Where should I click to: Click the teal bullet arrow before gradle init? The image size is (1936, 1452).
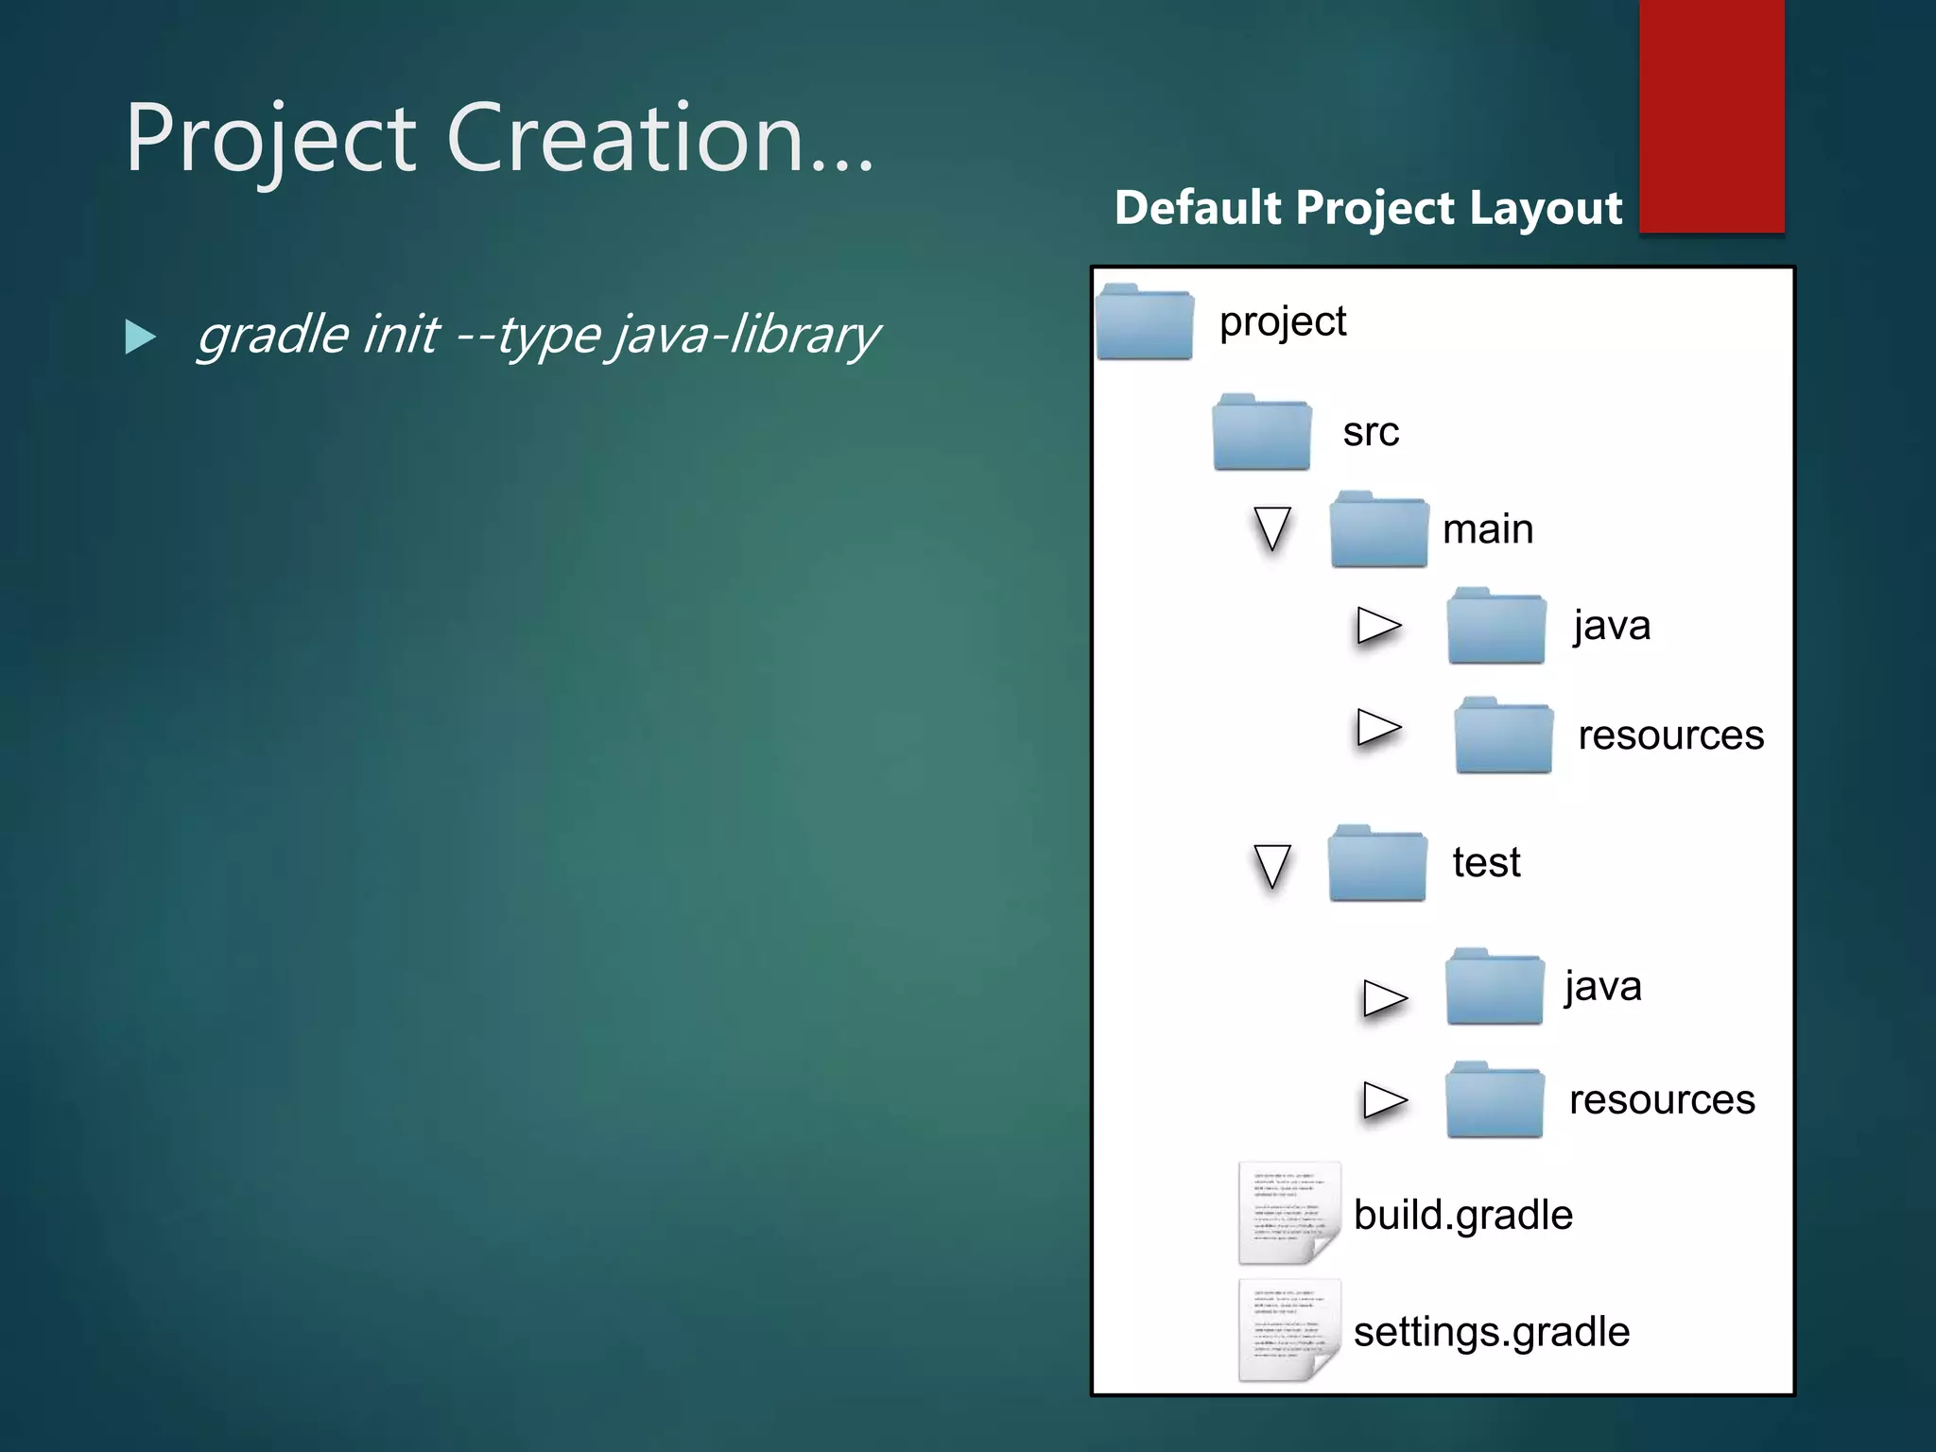(140, 337)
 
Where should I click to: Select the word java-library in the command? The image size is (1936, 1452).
(747, 336)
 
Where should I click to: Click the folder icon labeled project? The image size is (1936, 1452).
(1145, 323)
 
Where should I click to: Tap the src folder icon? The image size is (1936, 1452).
(1262, 433)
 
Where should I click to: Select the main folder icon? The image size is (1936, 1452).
(1378, 530)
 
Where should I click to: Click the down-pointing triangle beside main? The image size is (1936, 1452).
(1272, 527)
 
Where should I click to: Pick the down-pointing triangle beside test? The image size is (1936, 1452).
(1272, 865)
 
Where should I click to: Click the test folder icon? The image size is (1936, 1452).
(1377, 864)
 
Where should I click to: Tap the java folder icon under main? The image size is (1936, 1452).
(1495, 627)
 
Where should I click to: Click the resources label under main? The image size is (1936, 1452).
(1670, 735)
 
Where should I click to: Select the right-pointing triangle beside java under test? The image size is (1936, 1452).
(1385, 997)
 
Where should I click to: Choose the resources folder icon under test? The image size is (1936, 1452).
(1495, 1100)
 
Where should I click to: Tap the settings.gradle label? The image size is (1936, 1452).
(1491, 1332)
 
